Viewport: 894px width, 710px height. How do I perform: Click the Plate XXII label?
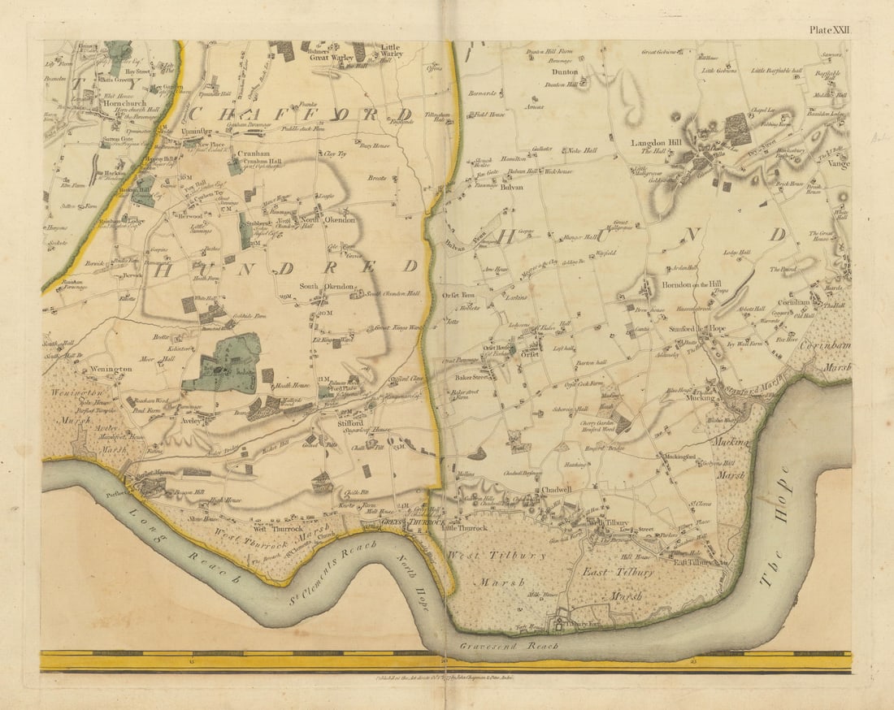pyautogui.click(x=828, y=29)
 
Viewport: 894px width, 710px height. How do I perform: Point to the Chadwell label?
pyautogui.click(x=558, y=490)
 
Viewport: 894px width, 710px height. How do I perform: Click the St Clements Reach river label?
pyautogui.click(x=335, y=574)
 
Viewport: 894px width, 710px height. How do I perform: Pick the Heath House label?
pyautogui.click(x=293, y=386)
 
